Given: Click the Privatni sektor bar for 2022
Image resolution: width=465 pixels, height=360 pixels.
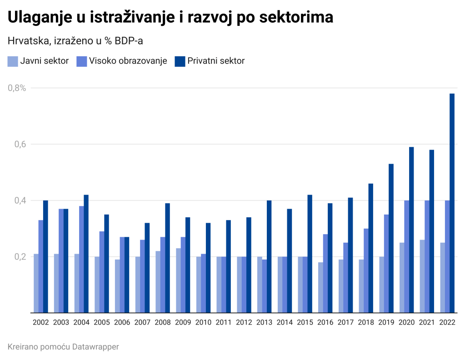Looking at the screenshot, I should (452, 203).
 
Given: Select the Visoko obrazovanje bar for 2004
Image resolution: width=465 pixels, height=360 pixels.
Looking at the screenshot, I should (81, 260).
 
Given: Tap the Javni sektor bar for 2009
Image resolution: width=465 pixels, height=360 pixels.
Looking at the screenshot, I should (178, 280).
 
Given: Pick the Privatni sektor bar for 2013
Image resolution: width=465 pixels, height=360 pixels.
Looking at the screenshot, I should (269, 256).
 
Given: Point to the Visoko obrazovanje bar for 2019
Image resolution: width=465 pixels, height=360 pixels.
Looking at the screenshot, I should (386, 264).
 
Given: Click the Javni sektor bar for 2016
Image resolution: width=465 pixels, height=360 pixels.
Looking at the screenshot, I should (320, 287).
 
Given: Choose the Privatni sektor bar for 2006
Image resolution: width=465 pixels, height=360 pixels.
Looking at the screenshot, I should (127, 275).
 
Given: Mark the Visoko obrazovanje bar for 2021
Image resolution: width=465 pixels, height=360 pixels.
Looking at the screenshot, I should (427, 256).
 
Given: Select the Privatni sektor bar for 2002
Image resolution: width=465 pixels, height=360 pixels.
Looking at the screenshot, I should (45, 256).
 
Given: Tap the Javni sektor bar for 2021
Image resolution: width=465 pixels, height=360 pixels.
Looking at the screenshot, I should (422, 276).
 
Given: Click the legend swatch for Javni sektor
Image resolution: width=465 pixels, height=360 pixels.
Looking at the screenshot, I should (13, 61).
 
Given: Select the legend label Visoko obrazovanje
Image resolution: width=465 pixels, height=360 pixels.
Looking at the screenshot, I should (128, 61).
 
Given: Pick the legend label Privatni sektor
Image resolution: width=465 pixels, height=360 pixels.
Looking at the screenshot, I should (216, 61).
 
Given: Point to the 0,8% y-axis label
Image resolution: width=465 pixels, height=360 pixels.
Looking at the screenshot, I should (17, 88).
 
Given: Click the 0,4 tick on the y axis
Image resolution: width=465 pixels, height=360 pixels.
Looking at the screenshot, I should (20, 200).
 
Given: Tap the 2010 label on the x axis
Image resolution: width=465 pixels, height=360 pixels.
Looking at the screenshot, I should (203, 323).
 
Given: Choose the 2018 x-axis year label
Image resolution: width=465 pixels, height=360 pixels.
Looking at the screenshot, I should (366, 323).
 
